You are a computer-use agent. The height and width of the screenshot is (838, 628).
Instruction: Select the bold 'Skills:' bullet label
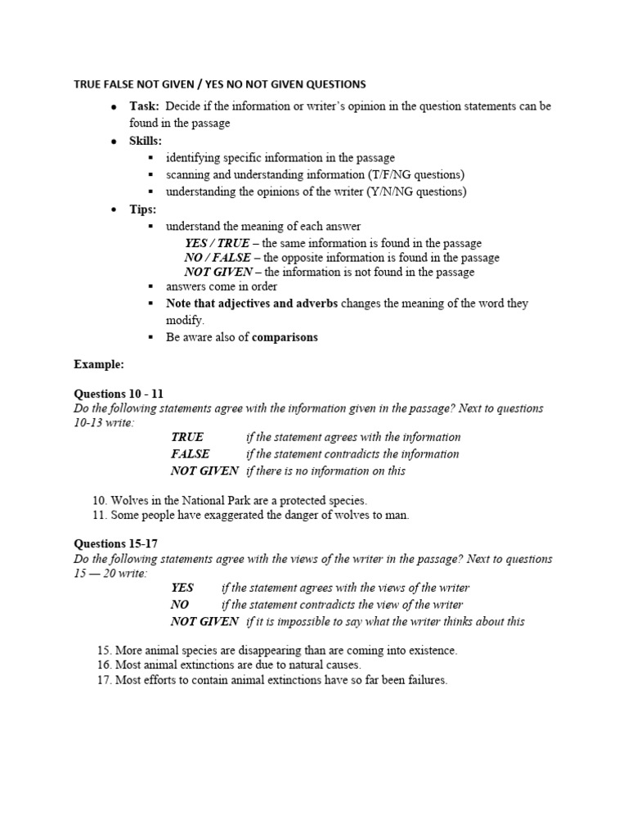click(x=146, y=141)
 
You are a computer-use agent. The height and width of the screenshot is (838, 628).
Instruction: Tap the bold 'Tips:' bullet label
click(x=142, y=209)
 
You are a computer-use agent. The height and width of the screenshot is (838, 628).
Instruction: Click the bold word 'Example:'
click(x=99, y=364)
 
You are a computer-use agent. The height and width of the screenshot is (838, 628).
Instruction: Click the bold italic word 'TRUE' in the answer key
click(x=187, y=437)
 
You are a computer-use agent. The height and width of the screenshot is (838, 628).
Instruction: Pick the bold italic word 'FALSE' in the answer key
click(x=190, y=453)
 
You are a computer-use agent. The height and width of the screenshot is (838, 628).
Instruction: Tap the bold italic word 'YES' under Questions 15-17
click(x=182, y=588)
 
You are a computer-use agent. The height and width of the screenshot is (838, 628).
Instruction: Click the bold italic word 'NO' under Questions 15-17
click(x=180, y=604)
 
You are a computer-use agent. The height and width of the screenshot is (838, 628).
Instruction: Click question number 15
click(x=104, y=650)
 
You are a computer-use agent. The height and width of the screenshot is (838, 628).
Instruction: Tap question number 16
click(x=104, y=665)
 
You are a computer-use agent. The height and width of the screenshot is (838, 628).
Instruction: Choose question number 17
click(x=104, y=680)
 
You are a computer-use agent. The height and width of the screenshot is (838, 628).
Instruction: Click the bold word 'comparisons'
click(x=285, y=337)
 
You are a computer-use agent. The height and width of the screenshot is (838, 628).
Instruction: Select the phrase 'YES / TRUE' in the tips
click(x=217, y=243)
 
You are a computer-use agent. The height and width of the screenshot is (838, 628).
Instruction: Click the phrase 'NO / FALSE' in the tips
click(x=217, y=258)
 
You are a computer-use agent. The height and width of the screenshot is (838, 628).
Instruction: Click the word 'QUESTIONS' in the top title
click(x=330, y=84)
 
